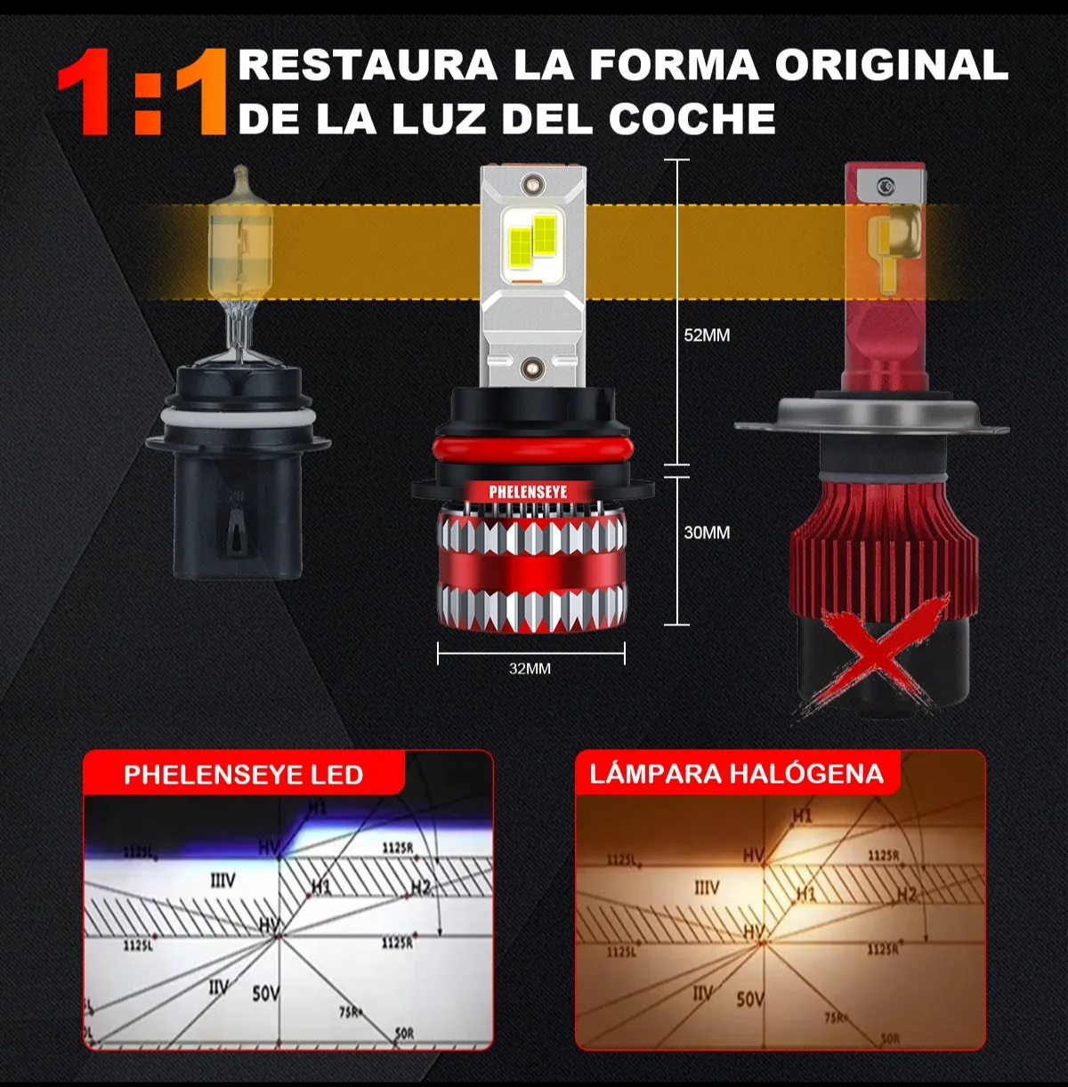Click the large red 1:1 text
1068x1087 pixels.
coord(142,93)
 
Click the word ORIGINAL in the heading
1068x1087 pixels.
coord(891,65)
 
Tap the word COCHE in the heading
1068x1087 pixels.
coord(692,119)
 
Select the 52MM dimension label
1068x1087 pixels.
coord(707,335)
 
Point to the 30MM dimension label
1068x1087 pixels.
coord(707,533)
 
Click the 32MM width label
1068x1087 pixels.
coord(530,669)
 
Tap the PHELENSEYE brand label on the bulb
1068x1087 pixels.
coord(528,492)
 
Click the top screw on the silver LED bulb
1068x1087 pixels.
coord(532,184)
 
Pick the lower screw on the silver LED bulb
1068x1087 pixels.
coord(532,365)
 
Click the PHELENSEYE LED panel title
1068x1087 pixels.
coord(243,775)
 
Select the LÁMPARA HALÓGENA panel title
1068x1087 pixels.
coord(736,773)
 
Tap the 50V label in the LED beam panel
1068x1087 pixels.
coord(265,993)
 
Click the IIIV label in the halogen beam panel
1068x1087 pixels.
coord(707,888)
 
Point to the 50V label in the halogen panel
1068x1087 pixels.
coord(749,999)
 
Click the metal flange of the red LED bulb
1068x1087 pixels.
coord(870,416)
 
